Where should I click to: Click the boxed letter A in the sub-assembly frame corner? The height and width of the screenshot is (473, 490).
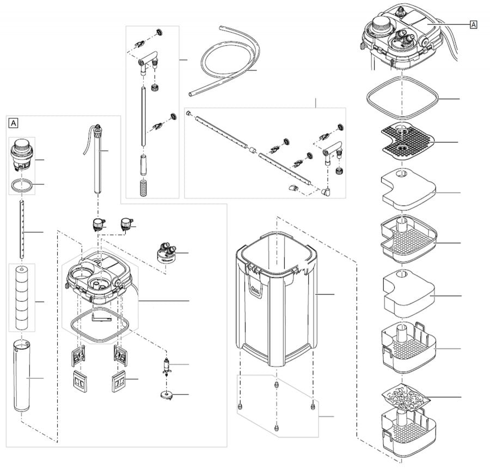click(14, 122)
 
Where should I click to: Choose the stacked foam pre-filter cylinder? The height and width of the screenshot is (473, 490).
click(22, 297)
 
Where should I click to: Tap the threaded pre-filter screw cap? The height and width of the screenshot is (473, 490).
click(22, 154)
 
